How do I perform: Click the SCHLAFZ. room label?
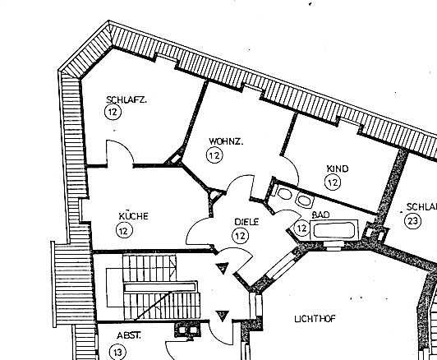point(126,99)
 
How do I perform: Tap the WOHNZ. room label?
point(226,141)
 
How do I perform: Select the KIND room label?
point(338,168)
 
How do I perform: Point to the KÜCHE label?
point(134,216)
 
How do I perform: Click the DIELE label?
point(246,222)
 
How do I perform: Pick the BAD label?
point(321,215)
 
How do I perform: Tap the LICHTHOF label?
point(315,319)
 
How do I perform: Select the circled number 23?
point(412,221)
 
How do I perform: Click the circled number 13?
point(117,353)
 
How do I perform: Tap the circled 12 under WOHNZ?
point(214,155)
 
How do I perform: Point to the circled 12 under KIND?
point(333,182)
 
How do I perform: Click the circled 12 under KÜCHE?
point(124,231)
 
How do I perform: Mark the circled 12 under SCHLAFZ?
point(113,112)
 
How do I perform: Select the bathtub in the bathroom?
point(333,230)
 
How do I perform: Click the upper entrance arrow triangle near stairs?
point(223,268)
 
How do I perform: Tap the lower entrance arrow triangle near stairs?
point(223,316)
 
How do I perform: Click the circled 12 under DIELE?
point(240,236)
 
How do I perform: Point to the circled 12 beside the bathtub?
point(301,228)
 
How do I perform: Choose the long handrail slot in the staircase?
point(159,287)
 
